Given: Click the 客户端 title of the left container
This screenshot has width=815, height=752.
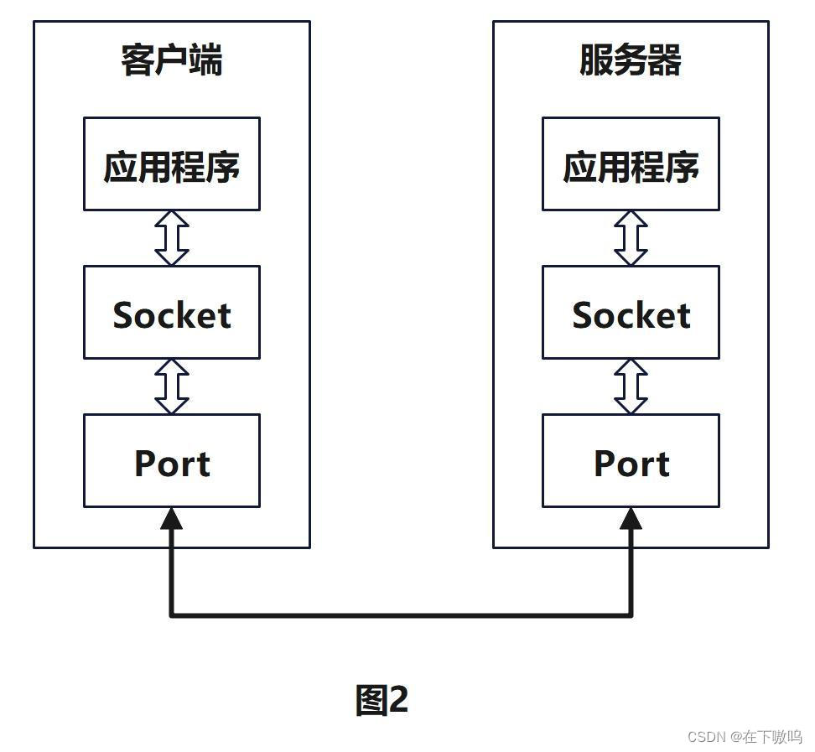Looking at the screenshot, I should tap(172, 61).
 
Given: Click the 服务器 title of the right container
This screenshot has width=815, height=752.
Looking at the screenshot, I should tap(631, 61).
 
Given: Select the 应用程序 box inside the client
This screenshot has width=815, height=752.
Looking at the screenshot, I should tap(172, 164).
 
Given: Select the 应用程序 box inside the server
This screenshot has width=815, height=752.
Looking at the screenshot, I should tap(631, 164).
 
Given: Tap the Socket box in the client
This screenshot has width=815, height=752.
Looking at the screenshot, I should tap(172, 313).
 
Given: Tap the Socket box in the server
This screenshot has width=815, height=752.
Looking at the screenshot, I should tap(631, 313).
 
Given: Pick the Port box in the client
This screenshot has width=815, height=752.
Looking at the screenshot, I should tap(172, 461).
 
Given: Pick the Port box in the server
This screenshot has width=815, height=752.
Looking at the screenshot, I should tap(631, 461).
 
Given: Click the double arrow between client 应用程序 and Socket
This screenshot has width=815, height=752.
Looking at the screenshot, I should tap(172, 238).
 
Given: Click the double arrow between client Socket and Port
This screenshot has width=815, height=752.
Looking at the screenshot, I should tap(172, 386).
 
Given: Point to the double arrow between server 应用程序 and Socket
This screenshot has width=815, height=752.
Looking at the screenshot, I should tap(631, 238).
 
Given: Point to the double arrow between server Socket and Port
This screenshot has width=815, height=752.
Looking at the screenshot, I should tap(631, 386).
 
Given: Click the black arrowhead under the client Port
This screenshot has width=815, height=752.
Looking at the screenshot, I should tap(172, 519).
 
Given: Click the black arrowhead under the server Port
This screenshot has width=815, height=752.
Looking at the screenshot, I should tap(631, 519).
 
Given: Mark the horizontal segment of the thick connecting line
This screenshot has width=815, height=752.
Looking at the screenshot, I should tap(401, 615).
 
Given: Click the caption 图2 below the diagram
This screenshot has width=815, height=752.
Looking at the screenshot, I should tap(382, 699).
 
